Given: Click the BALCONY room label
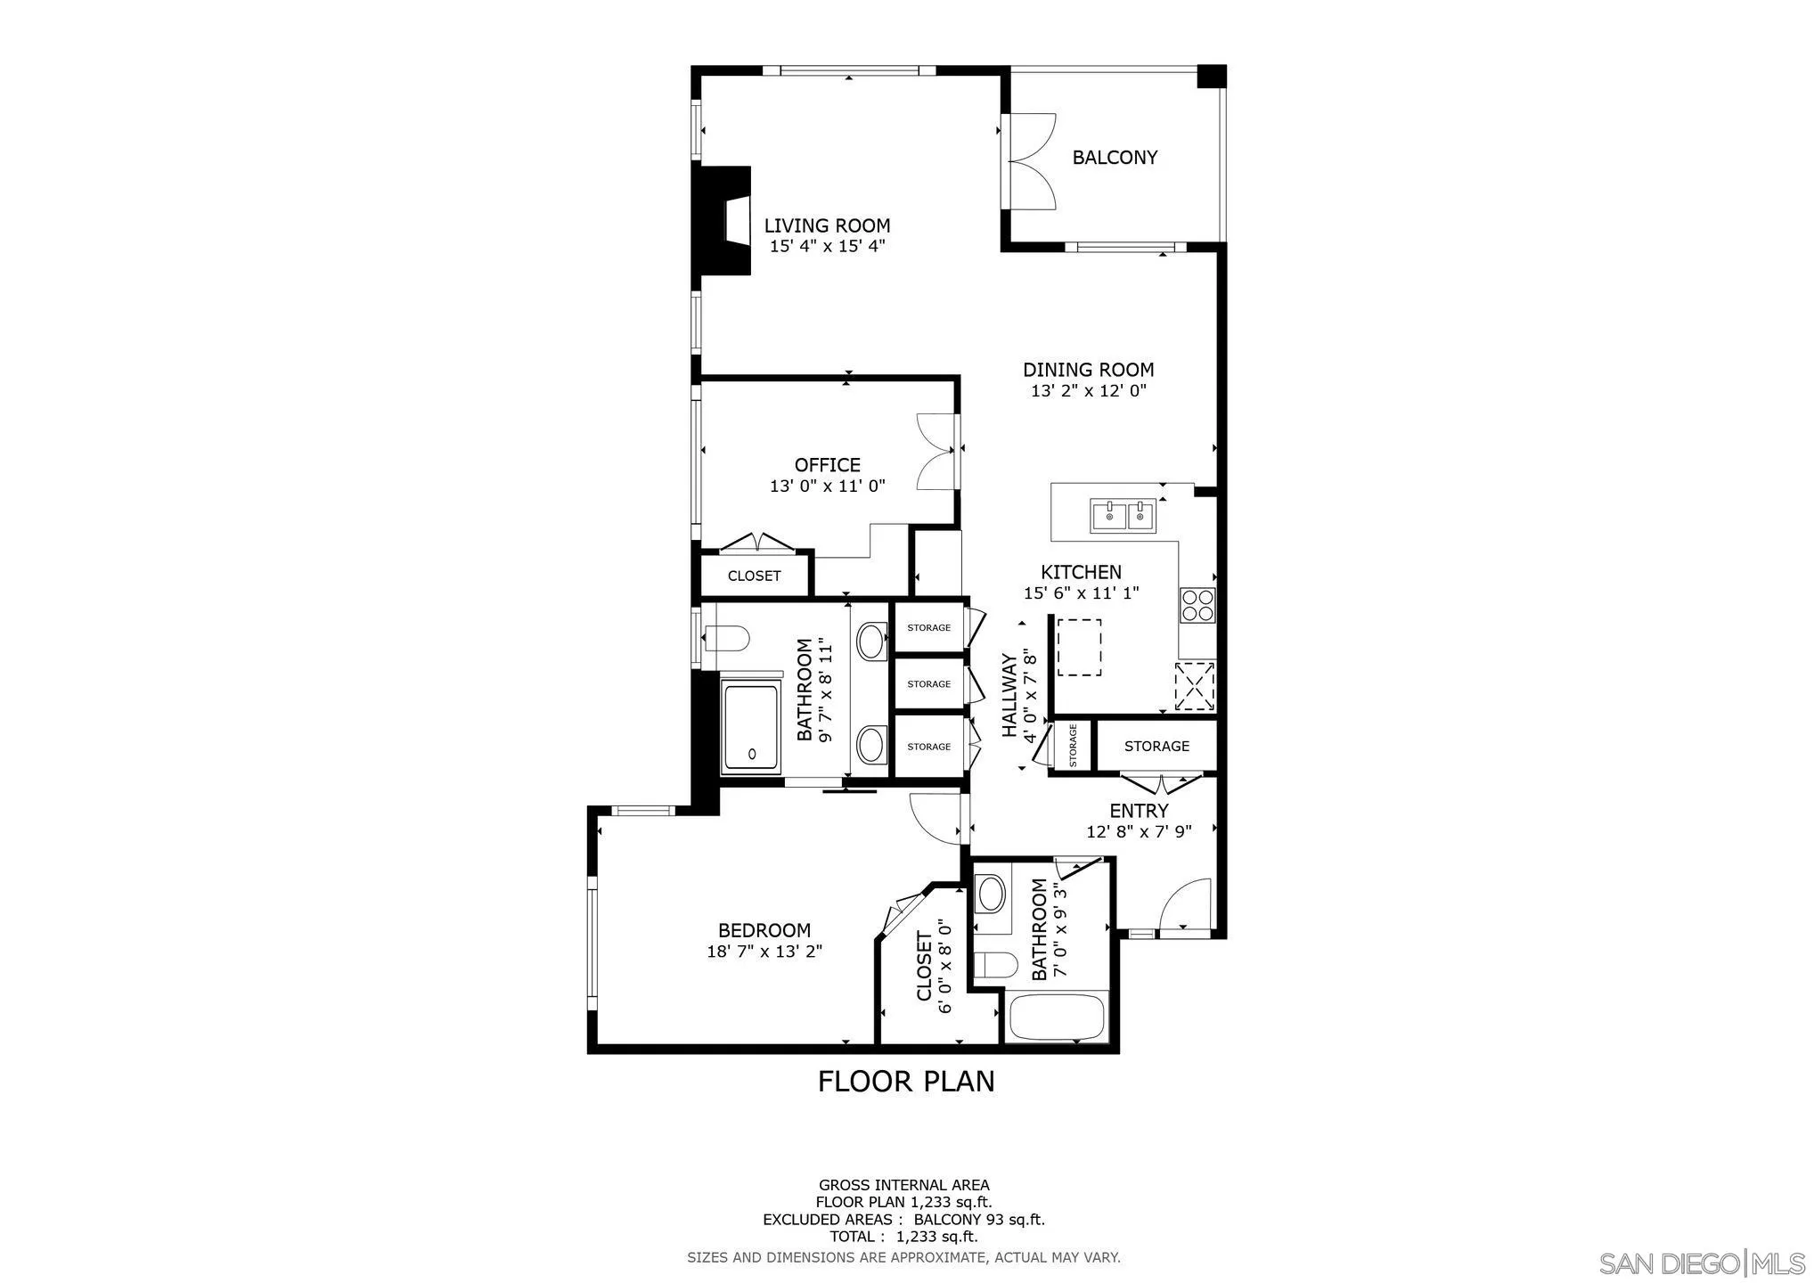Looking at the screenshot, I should click(x=1114, y=158).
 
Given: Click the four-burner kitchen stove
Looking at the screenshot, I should click(x=1197, y=605).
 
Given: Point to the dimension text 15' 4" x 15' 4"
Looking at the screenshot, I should click(x=827, y=247).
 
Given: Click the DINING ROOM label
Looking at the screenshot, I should click(x=1088, y=370).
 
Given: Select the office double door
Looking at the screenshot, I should click(x=935, y=451).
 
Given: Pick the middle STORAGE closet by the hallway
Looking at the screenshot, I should click(x=928, y=684).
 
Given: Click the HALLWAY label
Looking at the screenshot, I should click(x=1009, y=695).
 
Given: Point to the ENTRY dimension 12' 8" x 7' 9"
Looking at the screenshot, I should click(x=1139, y=831).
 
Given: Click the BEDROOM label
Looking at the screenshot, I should click(x=764, y=931).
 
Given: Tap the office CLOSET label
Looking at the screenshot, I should click(x=754, y=576).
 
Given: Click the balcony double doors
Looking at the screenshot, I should click(x=1031, y=161).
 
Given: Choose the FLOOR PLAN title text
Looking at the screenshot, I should click(x=906, y=1082).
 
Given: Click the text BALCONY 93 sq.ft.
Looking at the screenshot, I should click(x=979, y=1221).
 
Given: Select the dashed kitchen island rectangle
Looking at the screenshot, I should click(x=1079, y=648).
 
